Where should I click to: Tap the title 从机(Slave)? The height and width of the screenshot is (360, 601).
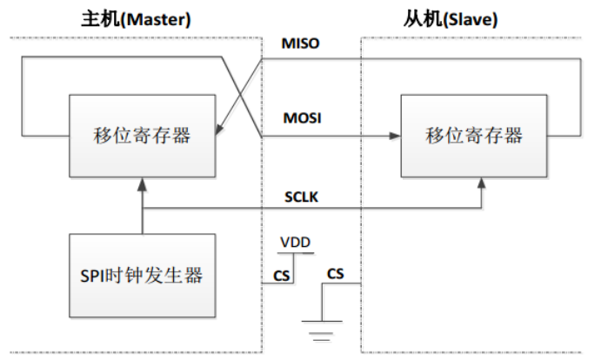454,17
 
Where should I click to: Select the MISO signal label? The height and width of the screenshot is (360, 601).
302,44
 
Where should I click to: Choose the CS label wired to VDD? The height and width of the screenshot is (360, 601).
280,276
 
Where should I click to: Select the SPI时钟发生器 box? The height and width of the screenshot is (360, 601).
141,276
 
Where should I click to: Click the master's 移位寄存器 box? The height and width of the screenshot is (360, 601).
141,135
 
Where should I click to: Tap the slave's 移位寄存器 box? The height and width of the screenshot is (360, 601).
474,135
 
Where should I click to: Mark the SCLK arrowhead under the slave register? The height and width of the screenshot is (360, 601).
481,180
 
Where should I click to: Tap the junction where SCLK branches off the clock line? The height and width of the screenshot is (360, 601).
141,209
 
